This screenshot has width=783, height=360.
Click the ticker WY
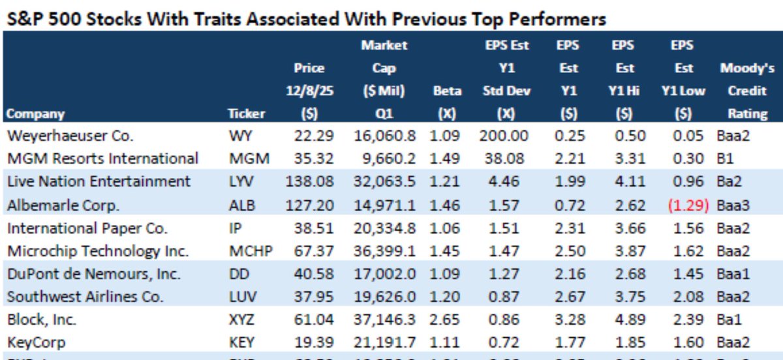238,136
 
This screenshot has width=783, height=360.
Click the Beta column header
447,91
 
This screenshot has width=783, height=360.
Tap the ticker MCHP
245,251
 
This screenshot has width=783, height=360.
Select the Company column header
35,113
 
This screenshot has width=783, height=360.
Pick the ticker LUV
239,297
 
